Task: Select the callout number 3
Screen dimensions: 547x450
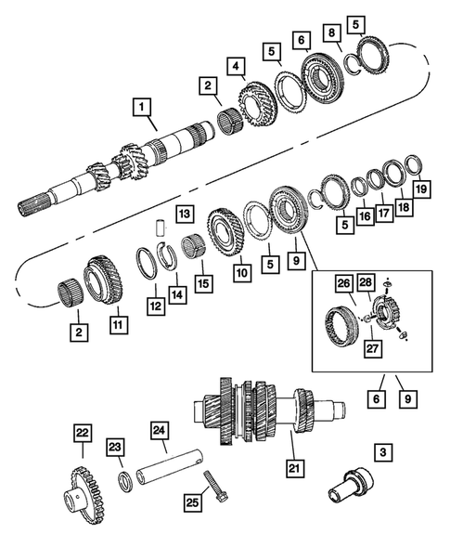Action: point(381,453)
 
